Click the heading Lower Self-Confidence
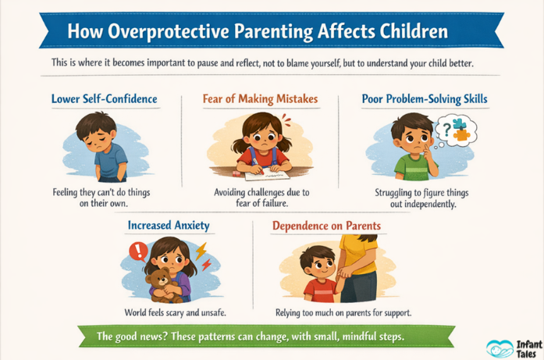104,99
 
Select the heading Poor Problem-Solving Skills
424,99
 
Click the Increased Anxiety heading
169,226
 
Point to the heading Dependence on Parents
326,226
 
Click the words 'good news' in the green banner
142,337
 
